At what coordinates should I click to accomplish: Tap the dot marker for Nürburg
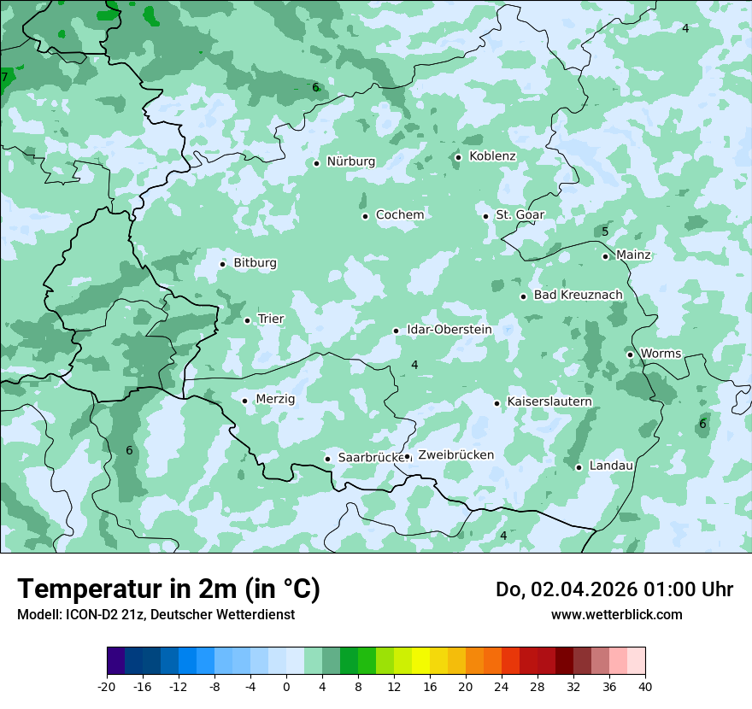316,163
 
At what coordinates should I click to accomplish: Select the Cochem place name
400,215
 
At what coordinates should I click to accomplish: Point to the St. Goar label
520,215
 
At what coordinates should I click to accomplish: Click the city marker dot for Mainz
605,256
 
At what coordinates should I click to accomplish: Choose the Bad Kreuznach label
578,296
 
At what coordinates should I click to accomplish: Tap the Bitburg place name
255,263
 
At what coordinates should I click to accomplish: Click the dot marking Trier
247,320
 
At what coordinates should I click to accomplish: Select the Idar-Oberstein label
449,330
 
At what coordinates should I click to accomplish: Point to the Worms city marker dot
630,354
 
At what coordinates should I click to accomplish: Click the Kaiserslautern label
549,402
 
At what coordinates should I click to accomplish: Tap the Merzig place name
275,400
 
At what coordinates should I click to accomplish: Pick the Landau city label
611,466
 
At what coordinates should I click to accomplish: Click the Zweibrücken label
455,455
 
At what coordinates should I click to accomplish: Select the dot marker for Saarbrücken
327,459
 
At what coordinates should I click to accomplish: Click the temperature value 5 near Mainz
605,232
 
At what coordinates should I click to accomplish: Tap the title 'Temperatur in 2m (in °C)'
168,589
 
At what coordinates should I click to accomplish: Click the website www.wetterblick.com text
616,614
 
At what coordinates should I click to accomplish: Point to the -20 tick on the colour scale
107,686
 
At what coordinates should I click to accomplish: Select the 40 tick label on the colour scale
645,686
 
